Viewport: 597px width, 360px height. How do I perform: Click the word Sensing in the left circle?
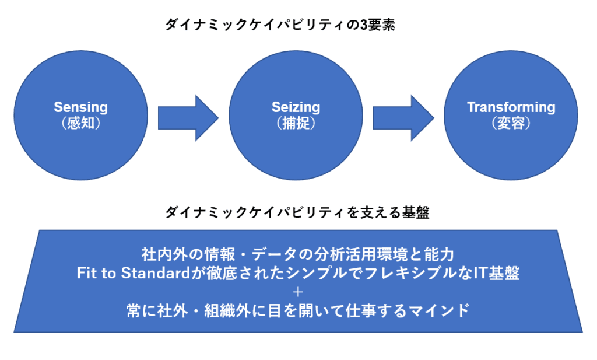point(81,107)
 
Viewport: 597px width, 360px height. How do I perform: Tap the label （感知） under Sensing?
point(81,124)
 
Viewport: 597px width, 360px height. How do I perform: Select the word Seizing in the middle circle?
point(296,107)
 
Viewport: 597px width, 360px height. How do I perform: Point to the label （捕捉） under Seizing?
point(296,124)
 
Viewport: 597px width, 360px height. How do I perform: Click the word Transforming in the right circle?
point(511,107)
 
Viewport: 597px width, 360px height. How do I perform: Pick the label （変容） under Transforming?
point(511,124)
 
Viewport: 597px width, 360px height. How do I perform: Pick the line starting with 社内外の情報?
point(297,254)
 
